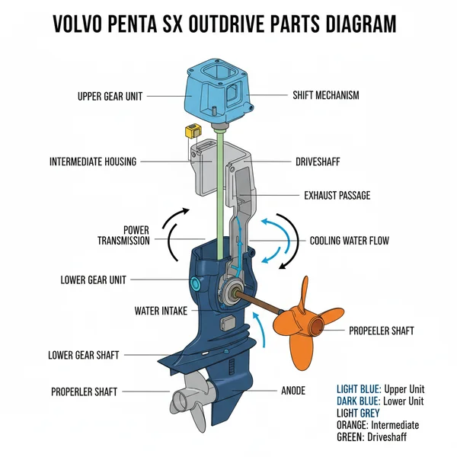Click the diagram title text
coord(225,23)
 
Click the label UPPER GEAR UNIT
coord(111,97)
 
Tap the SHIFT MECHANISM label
coord(325,96)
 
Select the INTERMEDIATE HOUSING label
coord(92,161)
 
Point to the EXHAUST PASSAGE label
coord(337,196)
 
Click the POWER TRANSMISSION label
coord(123,235)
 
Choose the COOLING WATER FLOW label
coord(349,241)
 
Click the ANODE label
coord(293,391)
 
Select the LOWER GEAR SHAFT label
coord(84,355)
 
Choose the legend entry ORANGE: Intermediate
coord(378,425)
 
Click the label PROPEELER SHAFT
coord(381,331)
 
